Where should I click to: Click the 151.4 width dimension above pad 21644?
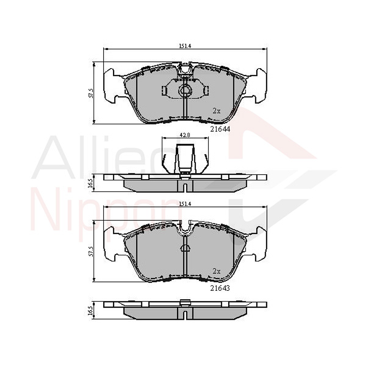[x=185, y=46]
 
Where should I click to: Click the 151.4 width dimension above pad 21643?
[x=185, y=204]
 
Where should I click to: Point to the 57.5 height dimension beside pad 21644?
[x=91, y=93]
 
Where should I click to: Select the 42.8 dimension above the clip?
[x=185, y=135]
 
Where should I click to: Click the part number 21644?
[x=220, y=129]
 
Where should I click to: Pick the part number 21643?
[x=220, y=288]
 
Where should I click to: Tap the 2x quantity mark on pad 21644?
[x=217, y=111]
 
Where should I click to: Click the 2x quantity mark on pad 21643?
[x=217, y=271]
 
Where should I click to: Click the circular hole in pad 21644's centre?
[x=185, y=91]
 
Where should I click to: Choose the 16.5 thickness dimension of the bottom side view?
[x=91, y=311]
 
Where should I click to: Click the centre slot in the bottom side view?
[x=185, y=315]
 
